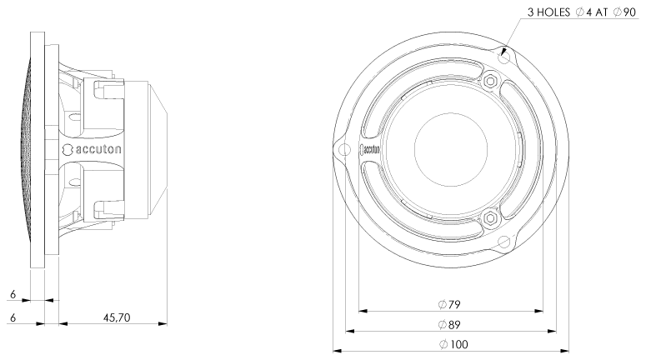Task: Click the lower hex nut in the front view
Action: [489, 218]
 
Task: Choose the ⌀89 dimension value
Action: [449, 324]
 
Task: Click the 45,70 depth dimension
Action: [117, 317]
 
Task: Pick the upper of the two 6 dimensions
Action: [13, 293]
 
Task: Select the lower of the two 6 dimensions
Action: [13, 317]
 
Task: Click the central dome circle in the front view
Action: [450, 150]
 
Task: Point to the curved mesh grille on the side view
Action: [33, 150]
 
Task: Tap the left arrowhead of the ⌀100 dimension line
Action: [337, 351]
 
